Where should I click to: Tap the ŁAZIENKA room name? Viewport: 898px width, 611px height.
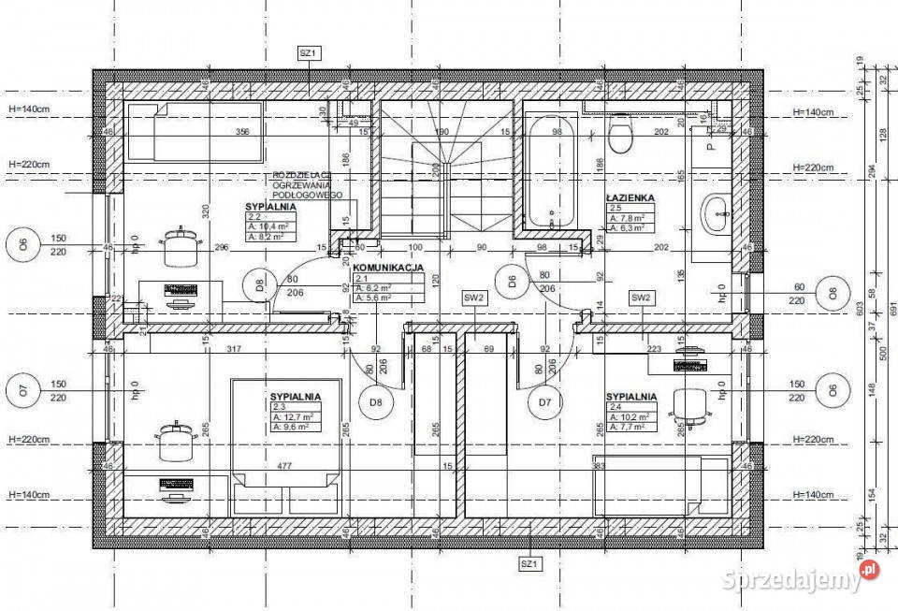click(629, 197)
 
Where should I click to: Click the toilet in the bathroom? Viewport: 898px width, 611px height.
click(620, 134)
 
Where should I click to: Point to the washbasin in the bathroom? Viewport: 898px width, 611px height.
click(717, 214)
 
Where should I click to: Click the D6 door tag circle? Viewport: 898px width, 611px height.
click(513, 280)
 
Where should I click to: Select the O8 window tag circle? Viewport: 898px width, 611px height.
click(831, 293)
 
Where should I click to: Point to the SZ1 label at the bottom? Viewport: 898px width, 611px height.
click(530, 564)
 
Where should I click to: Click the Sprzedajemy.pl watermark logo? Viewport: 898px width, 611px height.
click(799, 578)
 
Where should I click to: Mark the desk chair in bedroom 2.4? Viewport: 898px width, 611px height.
click(691, 404)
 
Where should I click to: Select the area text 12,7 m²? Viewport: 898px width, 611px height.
click(293, 417)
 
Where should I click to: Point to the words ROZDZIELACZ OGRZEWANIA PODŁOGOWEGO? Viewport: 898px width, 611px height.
click(308, 184)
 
